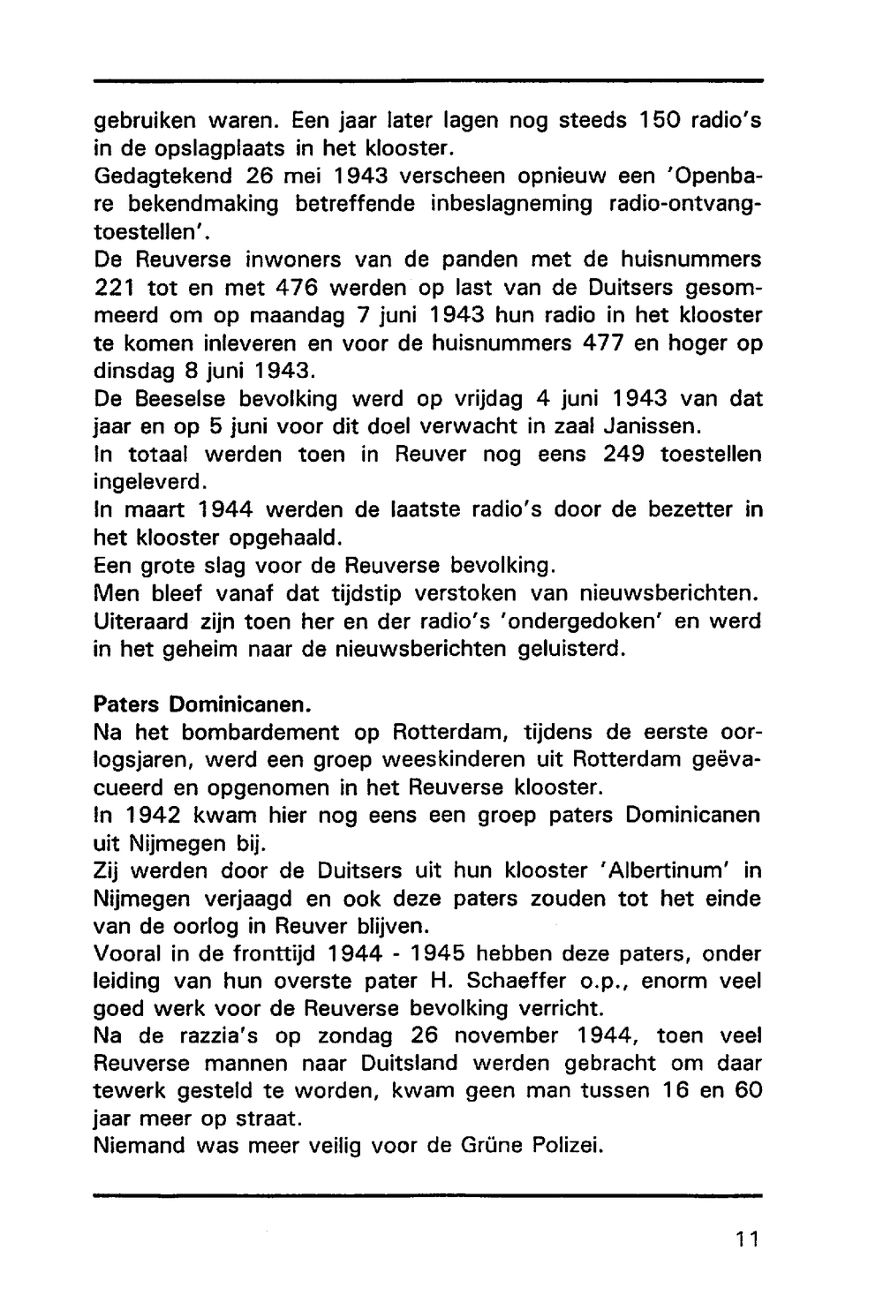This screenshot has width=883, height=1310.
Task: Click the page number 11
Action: [746, 1238]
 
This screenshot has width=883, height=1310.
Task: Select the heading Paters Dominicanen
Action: [202, 705]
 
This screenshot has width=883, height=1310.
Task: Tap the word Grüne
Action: [492, 1146]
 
